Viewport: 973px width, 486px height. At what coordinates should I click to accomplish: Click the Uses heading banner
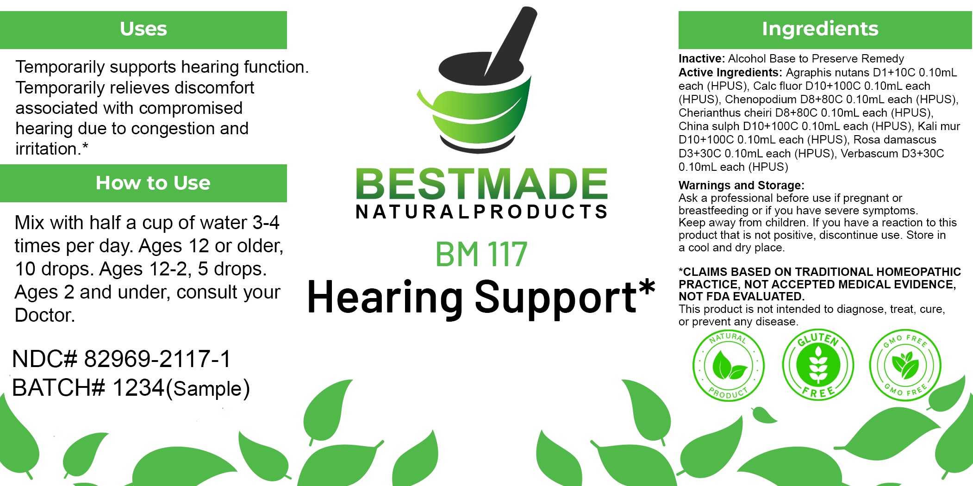(143, 30)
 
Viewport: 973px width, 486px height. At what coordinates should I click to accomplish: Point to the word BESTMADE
(481, 184)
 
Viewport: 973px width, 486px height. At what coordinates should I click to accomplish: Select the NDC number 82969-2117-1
(157, 359)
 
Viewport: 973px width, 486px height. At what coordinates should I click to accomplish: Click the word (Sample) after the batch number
(208, 389)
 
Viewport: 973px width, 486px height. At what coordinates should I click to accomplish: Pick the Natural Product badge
(729, 366)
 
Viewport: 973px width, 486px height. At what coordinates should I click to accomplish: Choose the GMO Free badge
(905, 366)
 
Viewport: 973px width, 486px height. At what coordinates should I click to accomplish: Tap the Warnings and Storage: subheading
(742, 186)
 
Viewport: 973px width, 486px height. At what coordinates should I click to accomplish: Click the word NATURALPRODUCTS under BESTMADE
(481, 212)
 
